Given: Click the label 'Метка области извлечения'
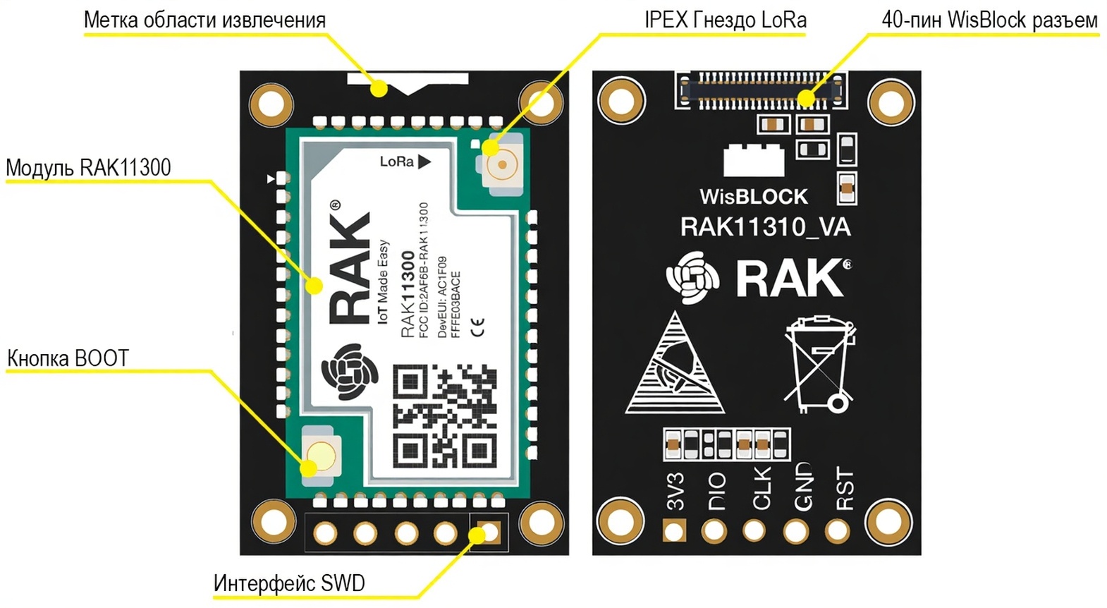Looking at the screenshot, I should [204, 20].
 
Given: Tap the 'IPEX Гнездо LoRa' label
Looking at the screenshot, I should [725, 20].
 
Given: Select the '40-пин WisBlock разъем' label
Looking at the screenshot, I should [989, 20].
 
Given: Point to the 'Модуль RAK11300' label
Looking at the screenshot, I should [88, 168].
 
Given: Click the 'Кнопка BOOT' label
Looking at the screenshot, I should [68, 358].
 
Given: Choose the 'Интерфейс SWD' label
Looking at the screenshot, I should [289, 583].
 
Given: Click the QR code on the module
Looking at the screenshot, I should [444, 415].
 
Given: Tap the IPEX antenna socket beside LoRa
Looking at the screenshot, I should [503, 165].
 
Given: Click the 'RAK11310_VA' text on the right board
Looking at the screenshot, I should [765, 227].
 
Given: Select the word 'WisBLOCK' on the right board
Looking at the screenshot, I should [753, 196].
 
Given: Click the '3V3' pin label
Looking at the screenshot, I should [675, 492].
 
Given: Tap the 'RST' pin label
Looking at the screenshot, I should [844, 489].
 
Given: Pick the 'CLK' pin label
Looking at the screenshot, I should [762, 489].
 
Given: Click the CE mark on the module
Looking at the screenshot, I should [478, 327].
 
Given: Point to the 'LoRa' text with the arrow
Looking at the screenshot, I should [405, 162].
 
